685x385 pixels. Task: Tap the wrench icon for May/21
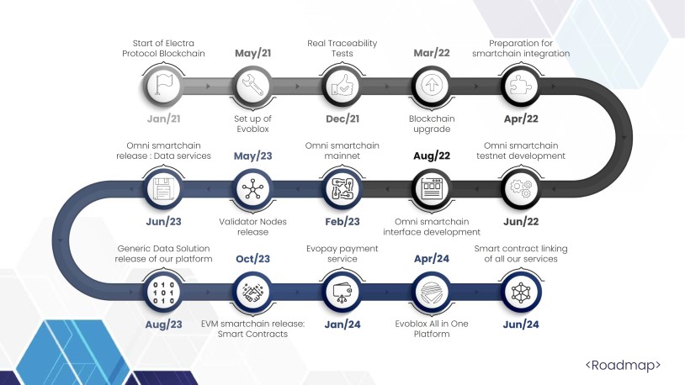pyautogui.click(x=252, y=85)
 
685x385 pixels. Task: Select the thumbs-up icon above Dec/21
pyautogui.click(x=342, y=85)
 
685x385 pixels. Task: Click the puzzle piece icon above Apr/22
pyautogui.click(x=521, y=85)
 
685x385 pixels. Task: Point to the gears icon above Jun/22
pyautogui.click(x=521, y=188)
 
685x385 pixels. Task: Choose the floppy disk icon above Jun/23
pyautogui.click(x=163, y=188)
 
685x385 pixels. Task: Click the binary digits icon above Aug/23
pyautogui.click(x=163, y=292)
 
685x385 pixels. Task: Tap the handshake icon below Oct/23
pyautogui.click(x=252, y=292)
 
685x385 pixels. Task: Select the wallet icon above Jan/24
pyautogui.click(x=342, y=293)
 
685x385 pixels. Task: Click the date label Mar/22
pyautogui.click(x=432, y=53)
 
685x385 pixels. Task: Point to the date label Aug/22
pyautogui.click(x=432, y=156)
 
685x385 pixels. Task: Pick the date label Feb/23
pyautogui.click(x=342, y=221)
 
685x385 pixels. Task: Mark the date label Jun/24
pyautogui.click(x=521, y=324)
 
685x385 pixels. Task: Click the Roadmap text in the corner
pyautogui.click(x=623, y=365)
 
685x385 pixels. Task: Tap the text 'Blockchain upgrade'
pyautogui.click(x=432, y=124)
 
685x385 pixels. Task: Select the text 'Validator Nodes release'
pyautogui.click(x=252, y=227)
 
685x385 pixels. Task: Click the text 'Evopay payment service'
pyautogui.click(x=342, y=254)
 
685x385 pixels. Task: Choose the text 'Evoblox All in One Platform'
pyautogui.click(x=432, y=329)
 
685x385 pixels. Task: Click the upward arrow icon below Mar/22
pyautogui.click(x=432, y=85)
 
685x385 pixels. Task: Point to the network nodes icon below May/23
pyautogui.click(x=252, y=188)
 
